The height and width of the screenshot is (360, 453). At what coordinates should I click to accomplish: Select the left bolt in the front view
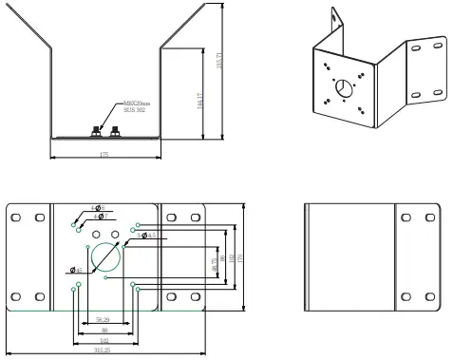96,130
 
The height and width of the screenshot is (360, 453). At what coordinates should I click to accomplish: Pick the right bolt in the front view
114,130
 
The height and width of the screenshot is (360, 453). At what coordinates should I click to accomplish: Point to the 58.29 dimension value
102,320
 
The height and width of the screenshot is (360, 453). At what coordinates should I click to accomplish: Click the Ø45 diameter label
75,272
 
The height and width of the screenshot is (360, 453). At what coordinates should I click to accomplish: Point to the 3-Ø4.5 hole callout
148,234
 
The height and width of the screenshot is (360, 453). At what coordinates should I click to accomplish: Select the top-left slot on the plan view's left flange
17,218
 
